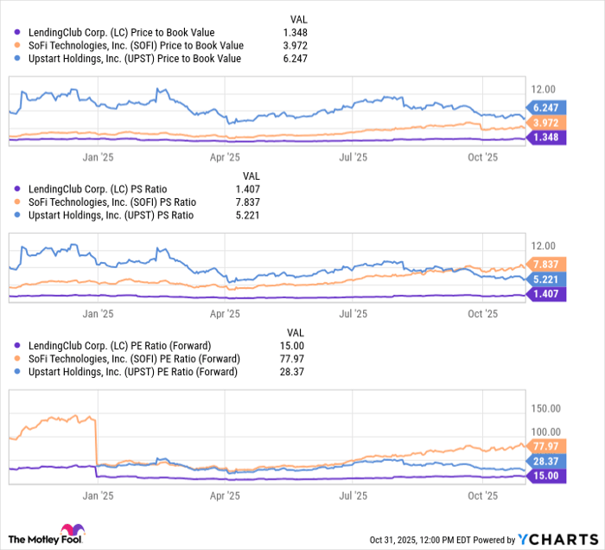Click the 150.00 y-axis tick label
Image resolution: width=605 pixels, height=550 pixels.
pos(548,407)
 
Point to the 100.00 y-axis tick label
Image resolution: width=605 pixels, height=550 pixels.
pos(548,432)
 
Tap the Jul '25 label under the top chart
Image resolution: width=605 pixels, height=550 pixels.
pos(353,157)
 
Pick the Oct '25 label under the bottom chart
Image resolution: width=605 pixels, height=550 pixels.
pos(482,496)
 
